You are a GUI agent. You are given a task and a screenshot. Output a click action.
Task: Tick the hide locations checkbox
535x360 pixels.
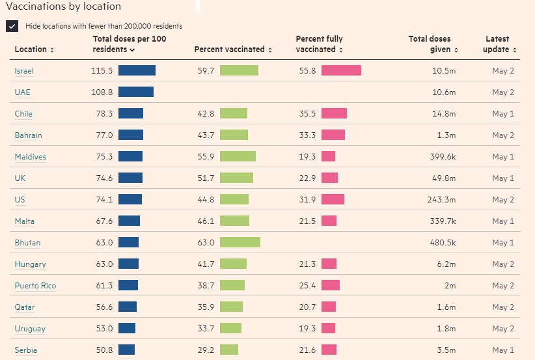point(12,26)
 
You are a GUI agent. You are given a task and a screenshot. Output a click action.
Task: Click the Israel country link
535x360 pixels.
point(24,71)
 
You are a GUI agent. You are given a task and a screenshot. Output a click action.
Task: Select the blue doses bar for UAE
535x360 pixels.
point(136,92)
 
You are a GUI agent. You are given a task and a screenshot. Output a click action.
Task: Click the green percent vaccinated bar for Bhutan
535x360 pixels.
point(240,243)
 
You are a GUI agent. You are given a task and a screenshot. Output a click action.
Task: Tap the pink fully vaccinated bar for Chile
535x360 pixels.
point(334,114)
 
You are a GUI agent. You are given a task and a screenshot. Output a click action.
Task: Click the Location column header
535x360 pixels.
point(34,49)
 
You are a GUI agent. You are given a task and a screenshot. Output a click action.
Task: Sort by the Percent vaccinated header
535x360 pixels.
point(232,49)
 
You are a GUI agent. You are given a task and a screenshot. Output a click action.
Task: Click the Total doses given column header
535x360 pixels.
point(433,44)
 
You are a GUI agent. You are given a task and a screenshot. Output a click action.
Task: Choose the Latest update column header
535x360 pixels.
point(501,44)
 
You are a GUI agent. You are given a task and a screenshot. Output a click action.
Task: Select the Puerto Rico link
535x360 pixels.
point(35,286)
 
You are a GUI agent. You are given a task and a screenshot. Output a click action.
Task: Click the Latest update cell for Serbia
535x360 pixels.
point(503,350)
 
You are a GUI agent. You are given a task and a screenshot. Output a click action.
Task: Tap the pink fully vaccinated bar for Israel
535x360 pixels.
point(341,71)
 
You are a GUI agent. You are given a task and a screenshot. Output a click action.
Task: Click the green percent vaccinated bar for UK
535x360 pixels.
point(236,178)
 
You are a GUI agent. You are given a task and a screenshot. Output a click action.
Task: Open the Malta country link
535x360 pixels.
point(25,221)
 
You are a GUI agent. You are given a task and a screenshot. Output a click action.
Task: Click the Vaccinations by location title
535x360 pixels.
point(63,7)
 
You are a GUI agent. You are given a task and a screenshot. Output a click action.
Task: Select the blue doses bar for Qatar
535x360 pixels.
point(128,307)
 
